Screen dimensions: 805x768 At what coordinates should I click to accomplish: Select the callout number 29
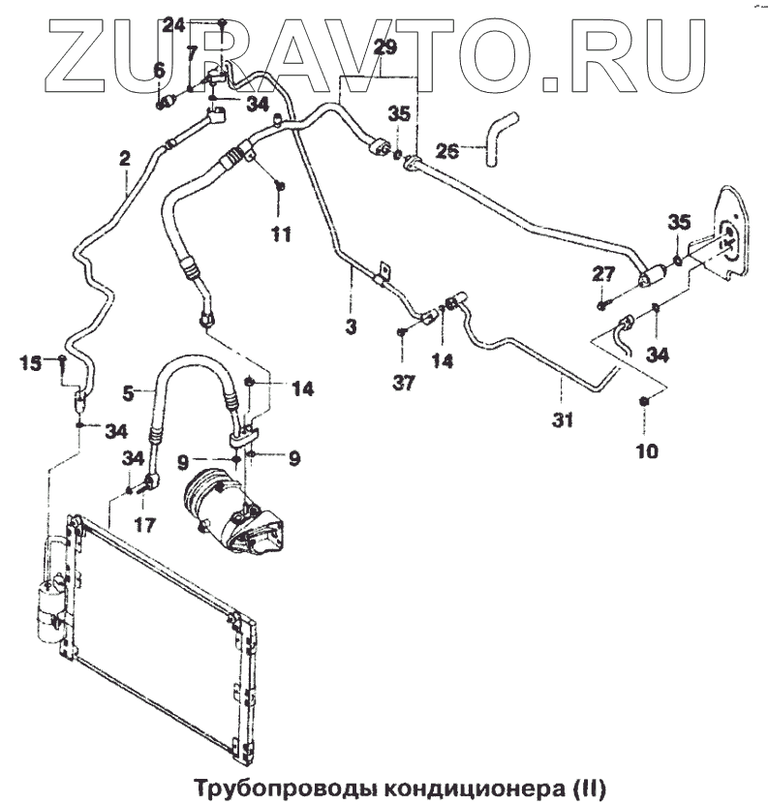(384, 47)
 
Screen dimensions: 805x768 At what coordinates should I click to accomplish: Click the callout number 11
(281, 232)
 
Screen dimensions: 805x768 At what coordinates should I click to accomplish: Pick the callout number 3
(351, 327)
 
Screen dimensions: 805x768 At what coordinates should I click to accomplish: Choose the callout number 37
(403, 384)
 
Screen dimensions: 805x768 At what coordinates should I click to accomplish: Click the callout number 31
(563, 419)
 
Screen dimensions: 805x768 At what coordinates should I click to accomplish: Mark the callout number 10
(646, 449)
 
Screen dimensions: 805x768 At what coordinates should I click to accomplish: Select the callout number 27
(602, 275)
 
